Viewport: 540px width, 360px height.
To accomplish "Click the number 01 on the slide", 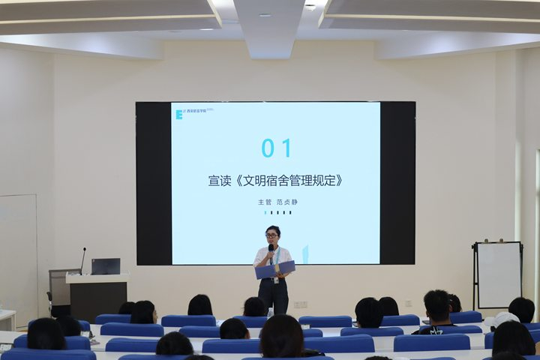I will coord(276,148).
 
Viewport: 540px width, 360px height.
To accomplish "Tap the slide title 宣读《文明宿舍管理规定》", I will coord(275,181).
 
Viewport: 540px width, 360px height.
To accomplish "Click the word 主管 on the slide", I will coord(264,202).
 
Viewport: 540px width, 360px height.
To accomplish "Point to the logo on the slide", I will coord(180,114).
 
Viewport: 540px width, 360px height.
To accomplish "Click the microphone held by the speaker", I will coord(271,250).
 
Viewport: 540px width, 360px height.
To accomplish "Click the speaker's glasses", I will coord(273,236).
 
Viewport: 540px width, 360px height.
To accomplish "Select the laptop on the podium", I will coord(106,266).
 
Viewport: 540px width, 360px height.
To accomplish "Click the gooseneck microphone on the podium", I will coord(83,259).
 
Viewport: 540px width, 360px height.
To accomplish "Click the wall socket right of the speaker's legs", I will coord(300,304).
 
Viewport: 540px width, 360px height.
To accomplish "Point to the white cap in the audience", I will coord(506,319).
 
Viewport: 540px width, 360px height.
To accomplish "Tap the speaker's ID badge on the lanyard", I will coord(276,279).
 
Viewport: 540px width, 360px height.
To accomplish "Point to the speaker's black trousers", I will coord(273,295).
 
